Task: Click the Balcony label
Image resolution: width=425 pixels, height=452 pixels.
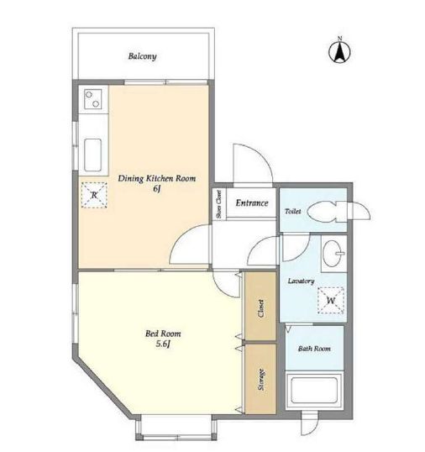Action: tap(142, 56)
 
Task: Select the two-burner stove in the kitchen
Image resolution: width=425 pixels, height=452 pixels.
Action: tap(92, 99)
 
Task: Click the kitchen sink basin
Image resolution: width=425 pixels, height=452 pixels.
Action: tap(92, 155)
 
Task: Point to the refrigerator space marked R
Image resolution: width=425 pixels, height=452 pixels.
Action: tap(94, 195)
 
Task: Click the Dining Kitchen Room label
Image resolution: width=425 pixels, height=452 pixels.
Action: tap(157, 178)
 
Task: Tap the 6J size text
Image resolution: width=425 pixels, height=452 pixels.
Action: tap(156, 189)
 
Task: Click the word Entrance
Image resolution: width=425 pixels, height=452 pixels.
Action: tap(252, 203)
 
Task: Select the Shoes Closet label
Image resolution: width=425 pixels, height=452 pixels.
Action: tap(219, 204)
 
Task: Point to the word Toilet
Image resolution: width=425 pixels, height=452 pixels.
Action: tap(293, 212)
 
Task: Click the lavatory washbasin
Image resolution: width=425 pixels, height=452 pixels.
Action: tap(333, 254)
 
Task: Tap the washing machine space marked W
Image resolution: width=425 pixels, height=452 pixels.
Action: tap(331, 301)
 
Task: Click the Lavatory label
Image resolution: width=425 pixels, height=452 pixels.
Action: tap(301, 281)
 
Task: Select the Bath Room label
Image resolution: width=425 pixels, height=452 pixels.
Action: tap(314, 349)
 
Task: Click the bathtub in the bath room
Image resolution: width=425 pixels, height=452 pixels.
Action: tap(314, 392)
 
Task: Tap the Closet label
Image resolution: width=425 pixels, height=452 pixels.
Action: tap(261, 308)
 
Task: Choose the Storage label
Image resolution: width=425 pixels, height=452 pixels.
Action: tap(261, 380)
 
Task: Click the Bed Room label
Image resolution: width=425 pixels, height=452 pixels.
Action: tap(163, 334)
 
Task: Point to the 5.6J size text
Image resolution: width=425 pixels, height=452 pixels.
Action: tap(163, 344)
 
